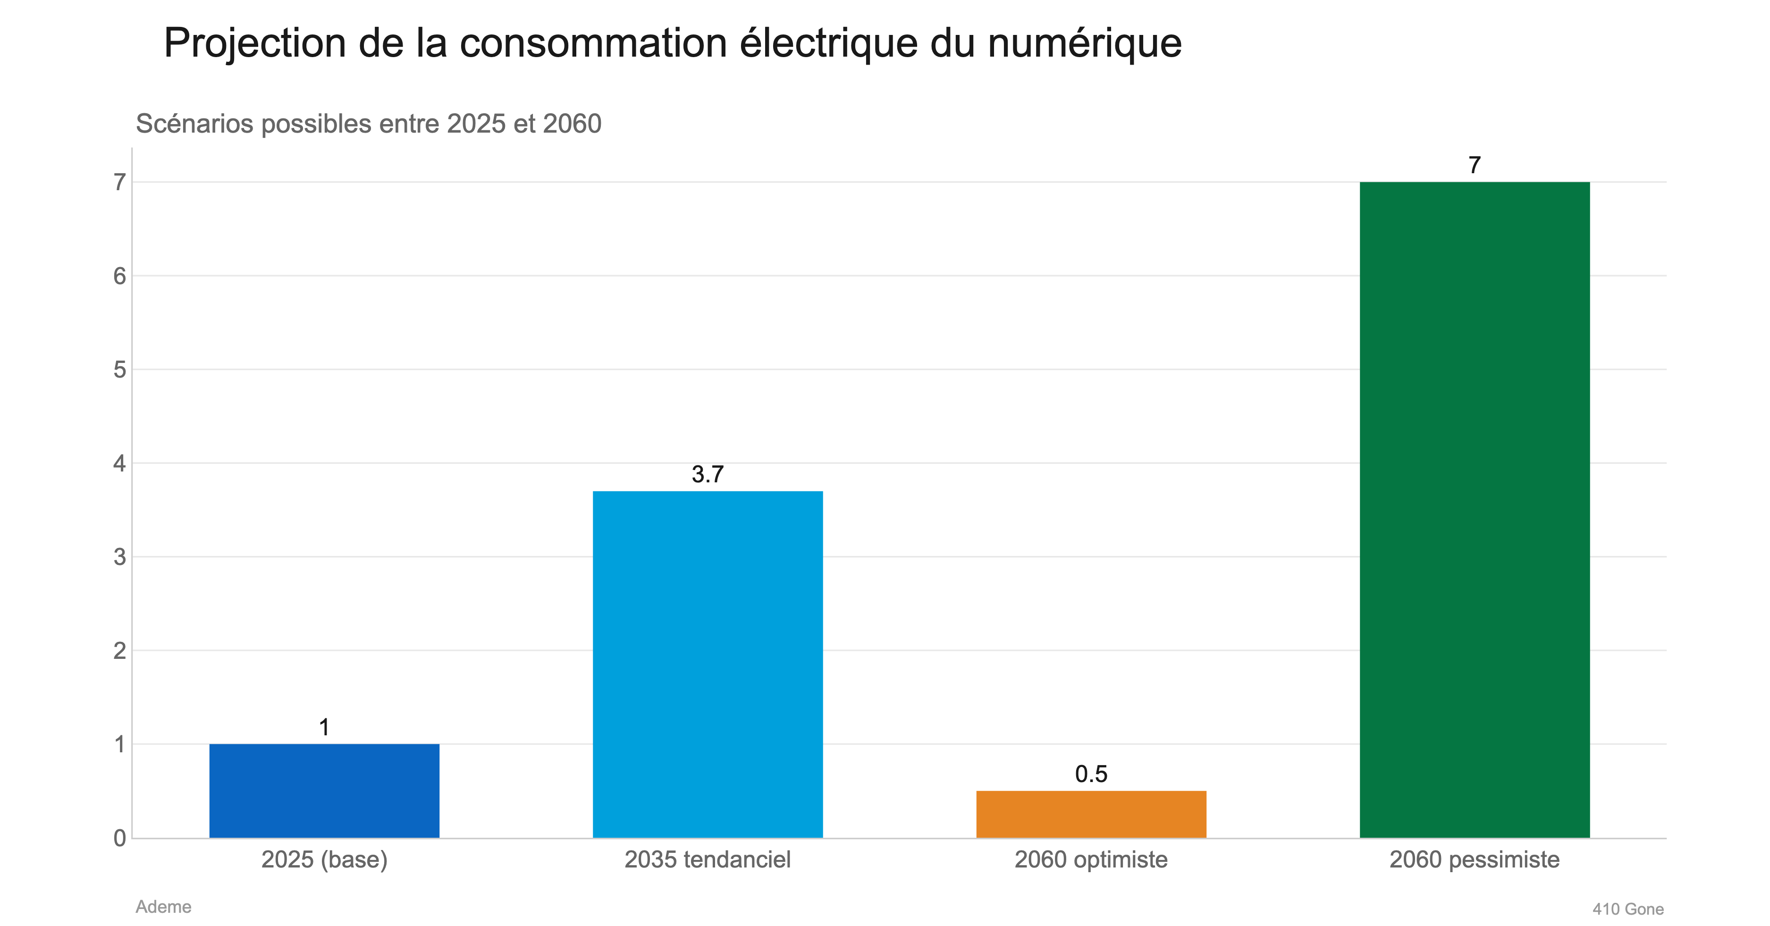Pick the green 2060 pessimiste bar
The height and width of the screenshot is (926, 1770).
click(x=1474, y=509)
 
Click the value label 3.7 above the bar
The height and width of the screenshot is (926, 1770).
click(x=707, y=474)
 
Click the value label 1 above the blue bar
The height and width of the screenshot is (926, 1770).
click(x=324, y=727)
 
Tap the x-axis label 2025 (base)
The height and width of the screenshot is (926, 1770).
click(x=324, y=859)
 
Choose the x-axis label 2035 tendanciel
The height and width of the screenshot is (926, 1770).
click(x=707, y=859)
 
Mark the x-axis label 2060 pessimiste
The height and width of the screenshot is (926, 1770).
click(x=1474, y=859)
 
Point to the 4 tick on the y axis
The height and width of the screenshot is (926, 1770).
click(x=119, y=463)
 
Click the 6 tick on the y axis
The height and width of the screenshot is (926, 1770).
click(x=119, y=276)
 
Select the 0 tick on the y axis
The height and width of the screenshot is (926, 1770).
click(x=119, y=838)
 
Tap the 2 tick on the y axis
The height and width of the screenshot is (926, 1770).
click(x=119, y=650)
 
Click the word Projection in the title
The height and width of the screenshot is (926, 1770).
click(x=254, y=44)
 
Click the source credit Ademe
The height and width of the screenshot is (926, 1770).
click(x=163, y=907)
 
